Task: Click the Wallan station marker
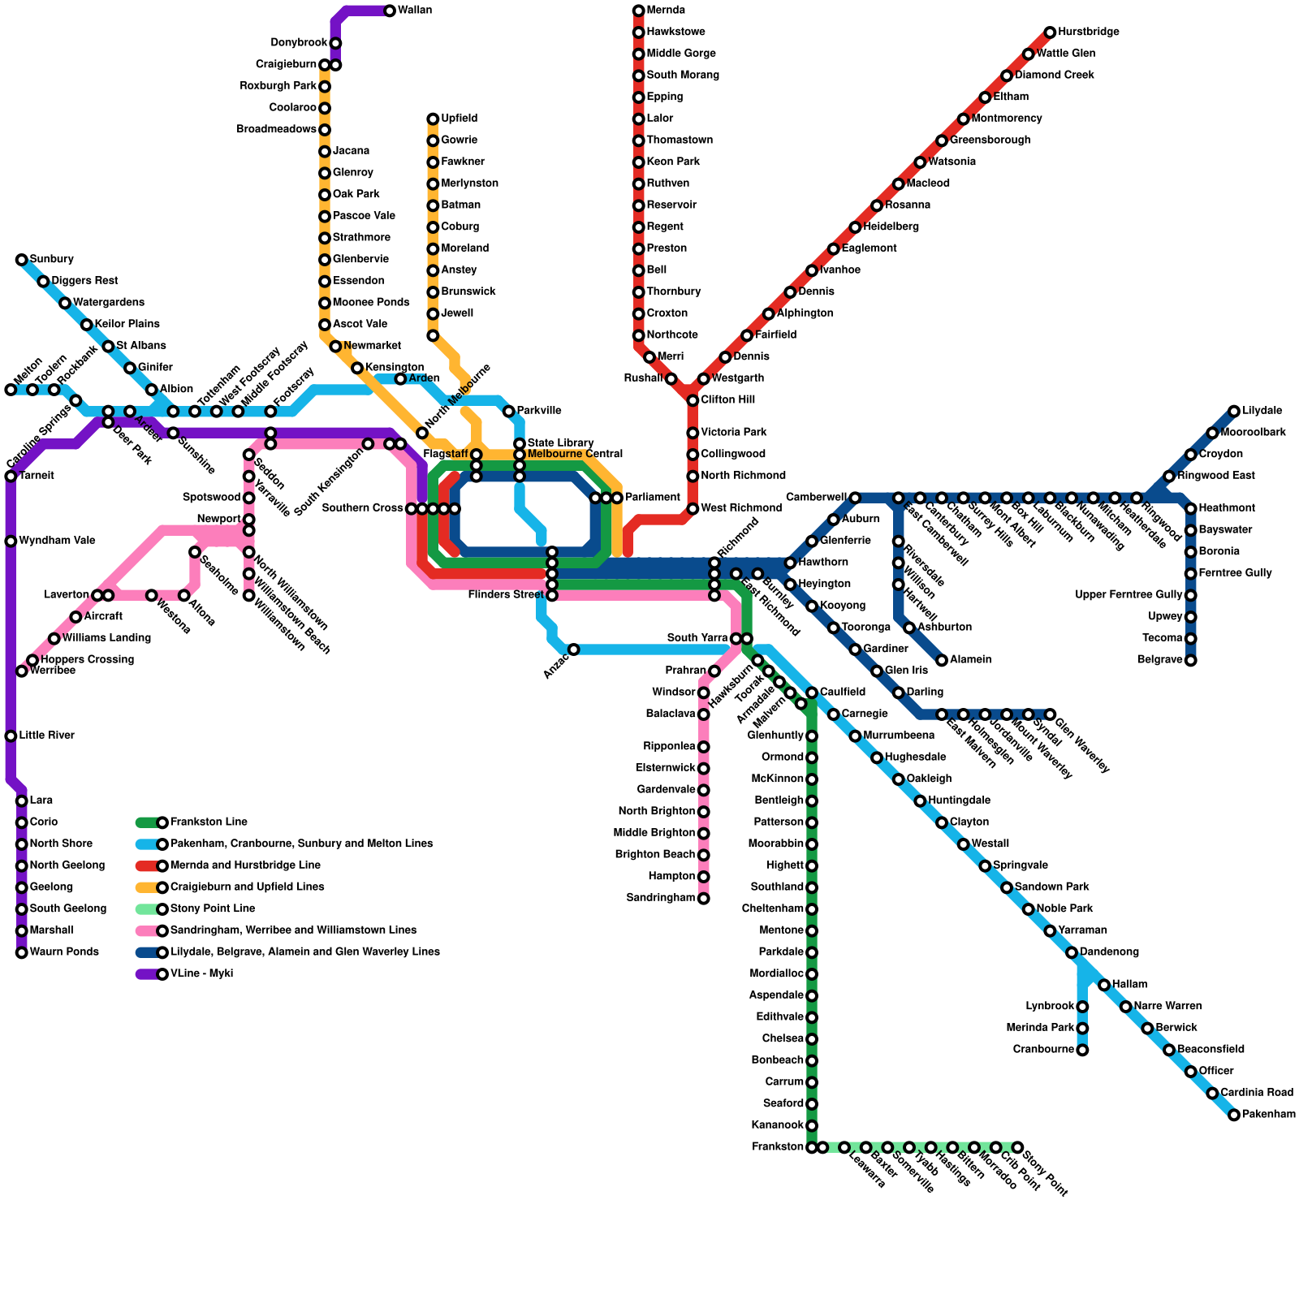pyautogui.click(x=390, y=11)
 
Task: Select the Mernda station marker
pyautogui.click(x=638, y=11)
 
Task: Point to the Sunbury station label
pyautogui.click(x=52, y=260)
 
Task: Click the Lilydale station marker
pyautogui.click(x=1234, y=411)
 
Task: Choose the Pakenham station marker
pyautogui.click(x=1234, y=1115)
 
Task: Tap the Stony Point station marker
pyautogui.click(x=1017, y=1147)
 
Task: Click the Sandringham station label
pyautogui.click(x=661, y=898)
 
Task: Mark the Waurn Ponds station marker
pyautogui.click(x=21, y=952)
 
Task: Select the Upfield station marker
pyautogui.click(x=433, y=119)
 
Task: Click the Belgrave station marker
pyautogui.click(x=1190, y=660)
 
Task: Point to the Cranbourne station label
pyautogui.click(x=1043, y=1050)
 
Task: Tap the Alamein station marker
pyautogui.click(x=942, y=660)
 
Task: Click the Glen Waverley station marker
pyautogui.click(x=1050, y=714)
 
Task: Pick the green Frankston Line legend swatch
pyautogui.click(x=149, y=822)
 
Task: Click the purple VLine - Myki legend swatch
pyautogui.click(x=149, y=974)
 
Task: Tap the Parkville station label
pyautogui.click(x=539, y=411)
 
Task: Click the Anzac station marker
pyautogui.click(x=573, y=649)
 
